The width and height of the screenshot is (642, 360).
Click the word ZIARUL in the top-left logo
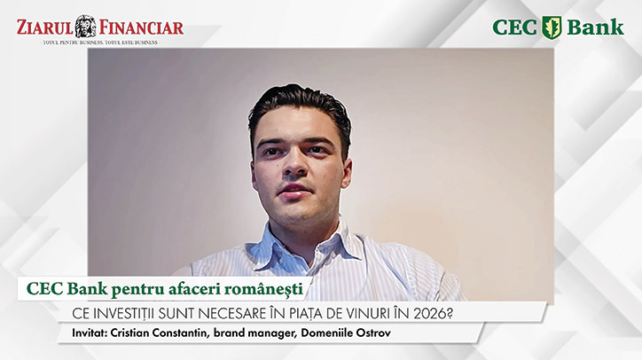coord(44,27)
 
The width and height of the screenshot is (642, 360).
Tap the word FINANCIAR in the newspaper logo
coord(141,27)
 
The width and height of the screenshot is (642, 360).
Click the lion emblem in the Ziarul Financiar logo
coord(85,26)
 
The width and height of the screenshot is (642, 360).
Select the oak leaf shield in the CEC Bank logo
coord(552,27)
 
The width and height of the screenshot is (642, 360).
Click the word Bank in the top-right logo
coord(596,27)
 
